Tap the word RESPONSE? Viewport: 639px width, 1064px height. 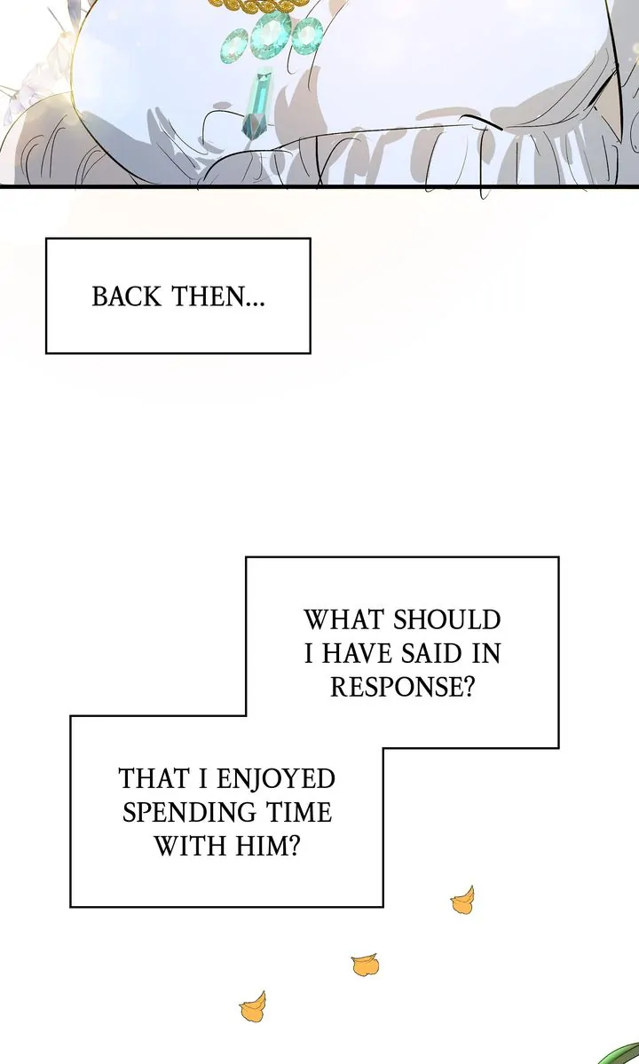click(x=402, y=688)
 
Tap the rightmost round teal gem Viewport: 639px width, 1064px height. click(x=306, y=36)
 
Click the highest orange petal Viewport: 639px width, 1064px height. click(x=462, y=902)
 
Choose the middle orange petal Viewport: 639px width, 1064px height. click(x=365, y=964)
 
